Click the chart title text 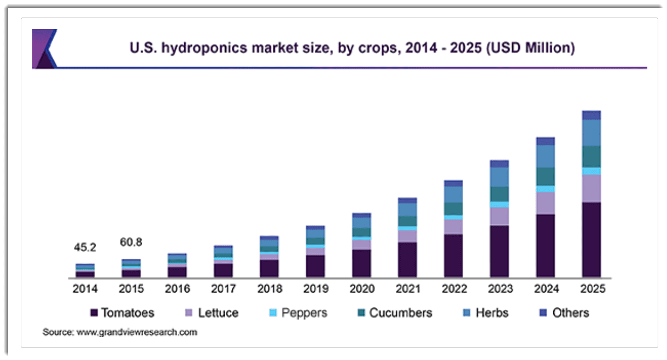click(352, 48)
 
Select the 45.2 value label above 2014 click(85, 247)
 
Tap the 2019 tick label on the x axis click(315, 289)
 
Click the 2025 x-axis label click(592, 289)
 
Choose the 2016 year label click(177, 289)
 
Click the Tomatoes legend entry click(122, 313)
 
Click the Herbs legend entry click(485, 313)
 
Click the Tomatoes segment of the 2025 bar click(592, 240)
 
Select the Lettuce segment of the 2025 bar click(592, 188)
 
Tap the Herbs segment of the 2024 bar click(546, 156)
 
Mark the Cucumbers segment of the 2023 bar click(499, 194)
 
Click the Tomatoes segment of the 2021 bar click(407, 259)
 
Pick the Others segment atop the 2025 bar click(592, 115)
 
